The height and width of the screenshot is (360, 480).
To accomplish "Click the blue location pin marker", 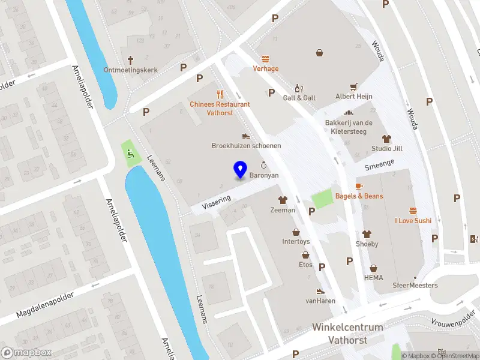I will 241,170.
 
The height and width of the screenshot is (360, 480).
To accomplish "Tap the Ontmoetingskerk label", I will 131,70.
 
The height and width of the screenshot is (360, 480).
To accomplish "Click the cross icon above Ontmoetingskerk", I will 131,59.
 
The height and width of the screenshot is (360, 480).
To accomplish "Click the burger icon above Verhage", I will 265,58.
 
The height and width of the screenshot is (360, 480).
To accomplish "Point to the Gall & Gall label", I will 299,98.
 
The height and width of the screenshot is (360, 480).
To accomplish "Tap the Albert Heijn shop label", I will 354,97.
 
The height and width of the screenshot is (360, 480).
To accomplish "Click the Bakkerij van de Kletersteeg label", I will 349,127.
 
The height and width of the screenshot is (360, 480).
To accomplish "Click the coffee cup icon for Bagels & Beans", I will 359,186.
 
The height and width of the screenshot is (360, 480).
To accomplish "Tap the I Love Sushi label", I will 413,221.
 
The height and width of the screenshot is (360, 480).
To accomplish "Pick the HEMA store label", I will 373,278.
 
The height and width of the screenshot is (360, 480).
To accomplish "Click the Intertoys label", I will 296,242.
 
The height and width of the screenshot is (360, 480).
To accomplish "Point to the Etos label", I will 305,264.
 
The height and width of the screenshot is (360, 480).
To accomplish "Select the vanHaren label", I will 320,301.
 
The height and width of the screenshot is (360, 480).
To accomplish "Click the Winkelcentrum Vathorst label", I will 339,333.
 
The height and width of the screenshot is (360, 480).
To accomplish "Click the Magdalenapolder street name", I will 44,304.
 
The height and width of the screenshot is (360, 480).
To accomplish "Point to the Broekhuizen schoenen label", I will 246,146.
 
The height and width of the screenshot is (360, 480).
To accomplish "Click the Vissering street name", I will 216,201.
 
